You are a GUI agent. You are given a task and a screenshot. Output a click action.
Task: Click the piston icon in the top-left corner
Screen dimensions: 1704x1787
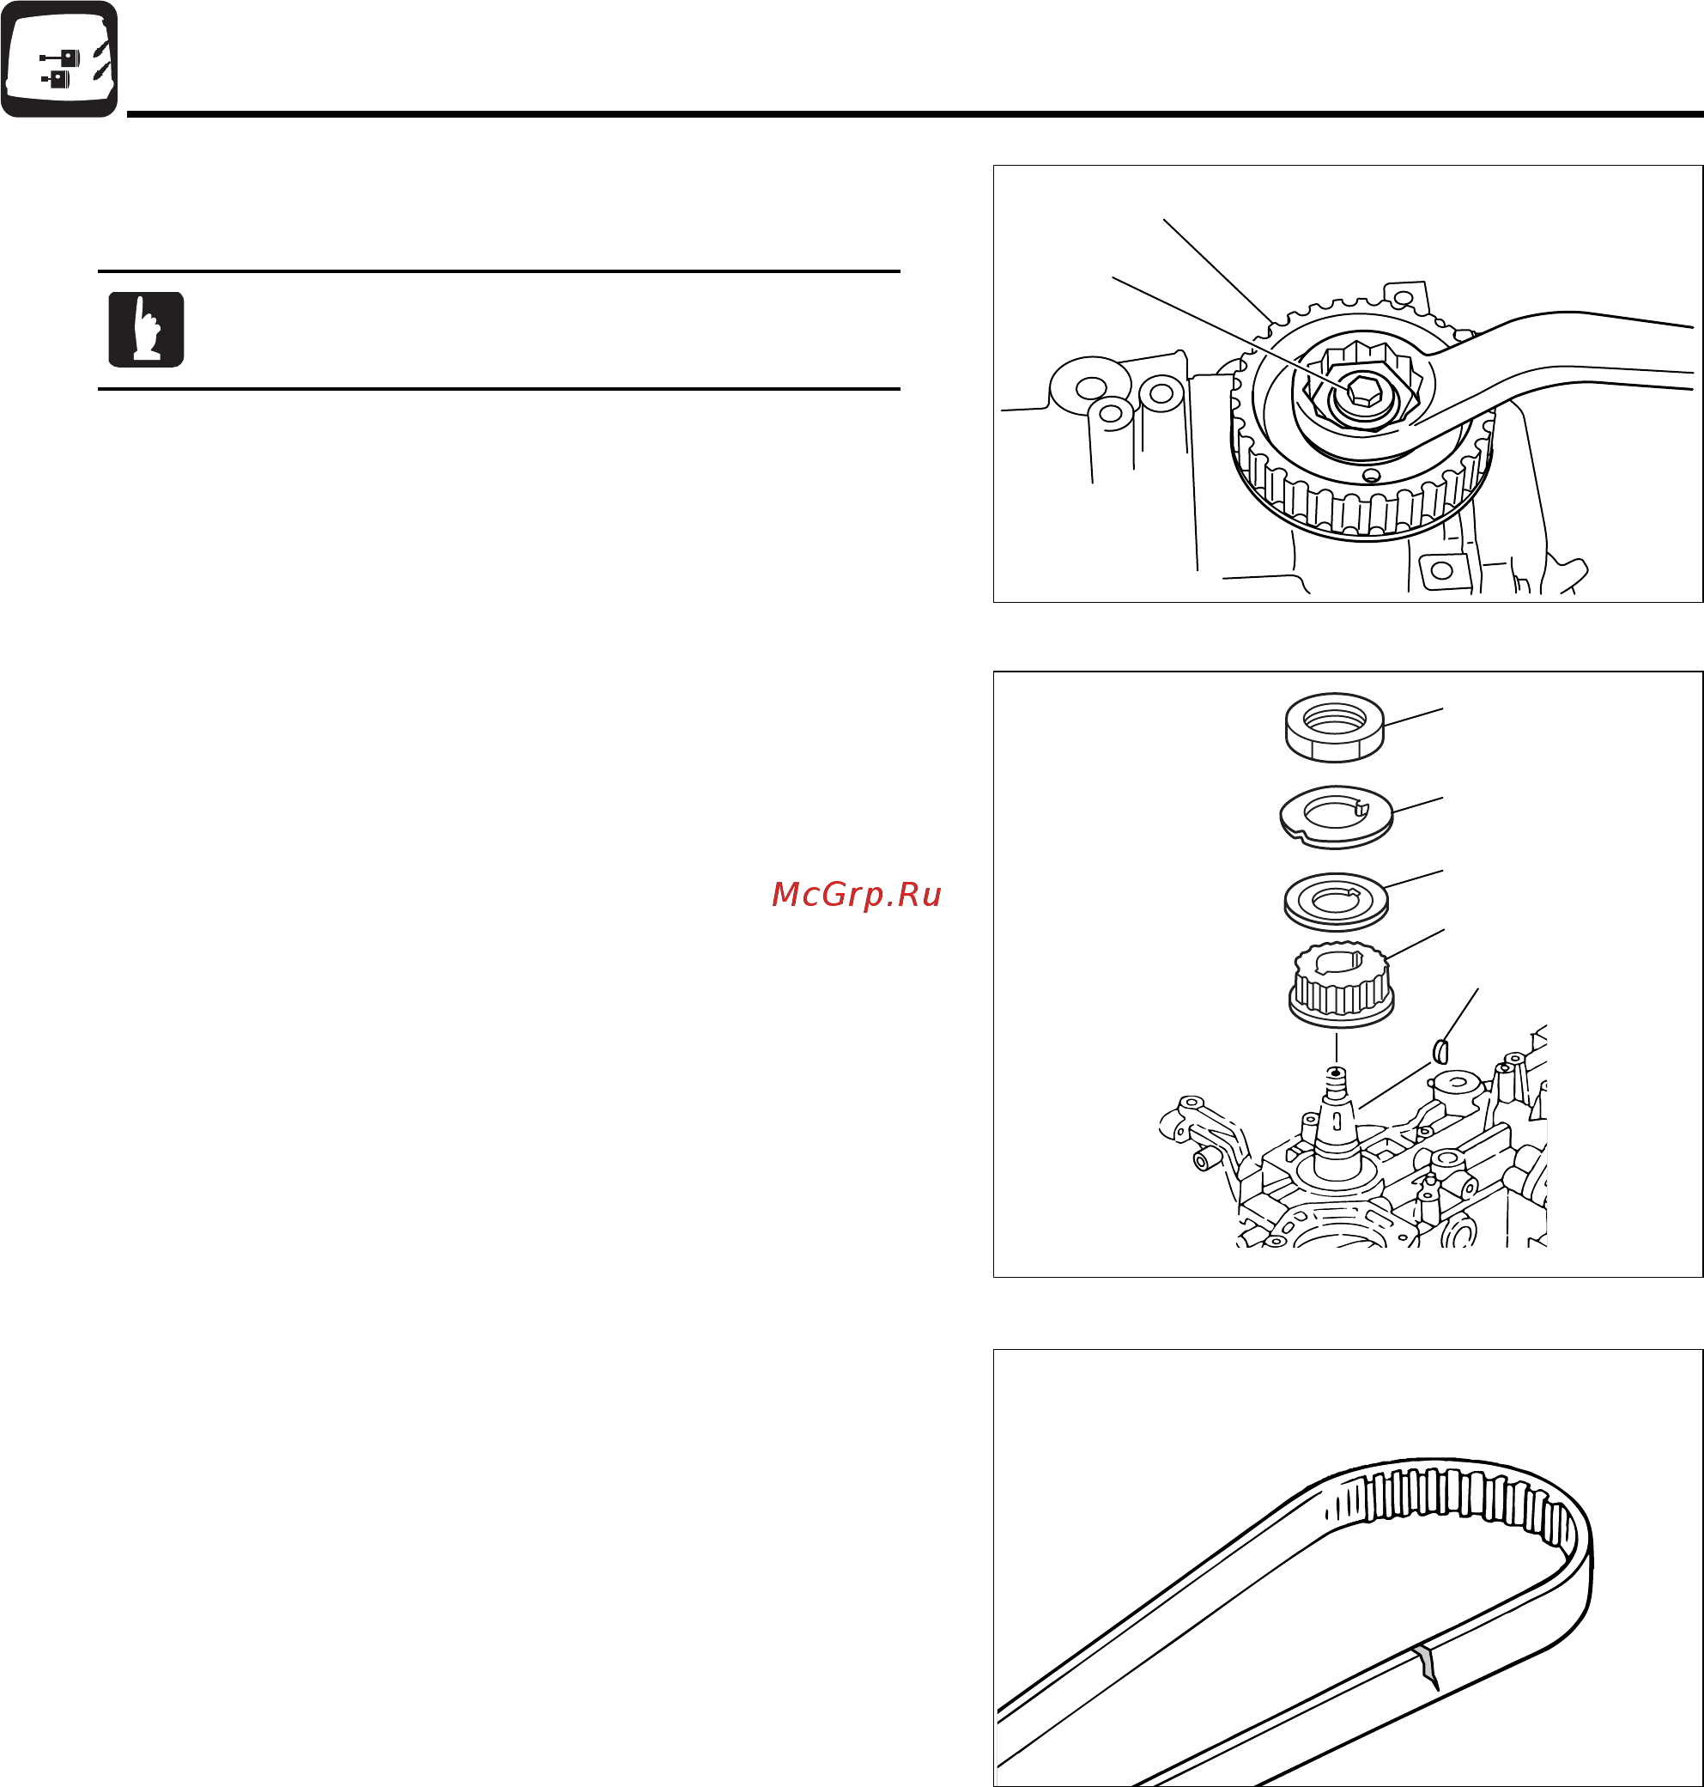[59, 59]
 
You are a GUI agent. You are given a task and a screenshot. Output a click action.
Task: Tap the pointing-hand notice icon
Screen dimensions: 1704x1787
[146, 329]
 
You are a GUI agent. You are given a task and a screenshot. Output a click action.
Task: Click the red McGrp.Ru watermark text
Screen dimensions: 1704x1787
[856, 895]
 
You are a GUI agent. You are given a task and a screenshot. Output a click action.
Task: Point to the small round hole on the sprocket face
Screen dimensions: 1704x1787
[1372, 475]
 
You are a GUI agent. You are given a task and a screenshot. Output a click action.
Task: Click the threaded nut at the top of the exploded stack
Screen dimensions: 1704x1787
[1334, 726]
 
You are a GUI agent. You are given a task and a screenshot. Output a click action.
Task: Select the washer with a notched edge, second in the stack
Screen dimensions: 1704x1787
[1335, 817]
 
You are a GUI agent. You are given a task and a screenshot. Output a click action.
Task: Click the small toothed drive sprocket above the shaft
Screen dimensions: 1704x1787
[1341, 986]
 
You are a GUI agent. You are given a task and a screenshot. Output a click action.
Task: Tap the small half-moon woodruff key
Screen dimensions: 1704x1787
[1439, 1051]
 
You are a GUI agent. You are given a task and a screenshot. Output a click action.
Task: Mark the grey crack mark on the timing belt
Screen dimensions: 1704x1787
[1428, 1667]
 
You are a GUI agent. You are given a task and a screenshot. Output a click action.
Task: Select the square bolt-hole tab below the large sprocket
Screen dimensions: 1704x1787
[1442, 570]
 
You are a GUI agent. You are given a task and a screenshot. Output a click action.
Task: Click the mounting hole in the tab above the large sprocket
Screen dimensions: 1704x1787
[1404, 297]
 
